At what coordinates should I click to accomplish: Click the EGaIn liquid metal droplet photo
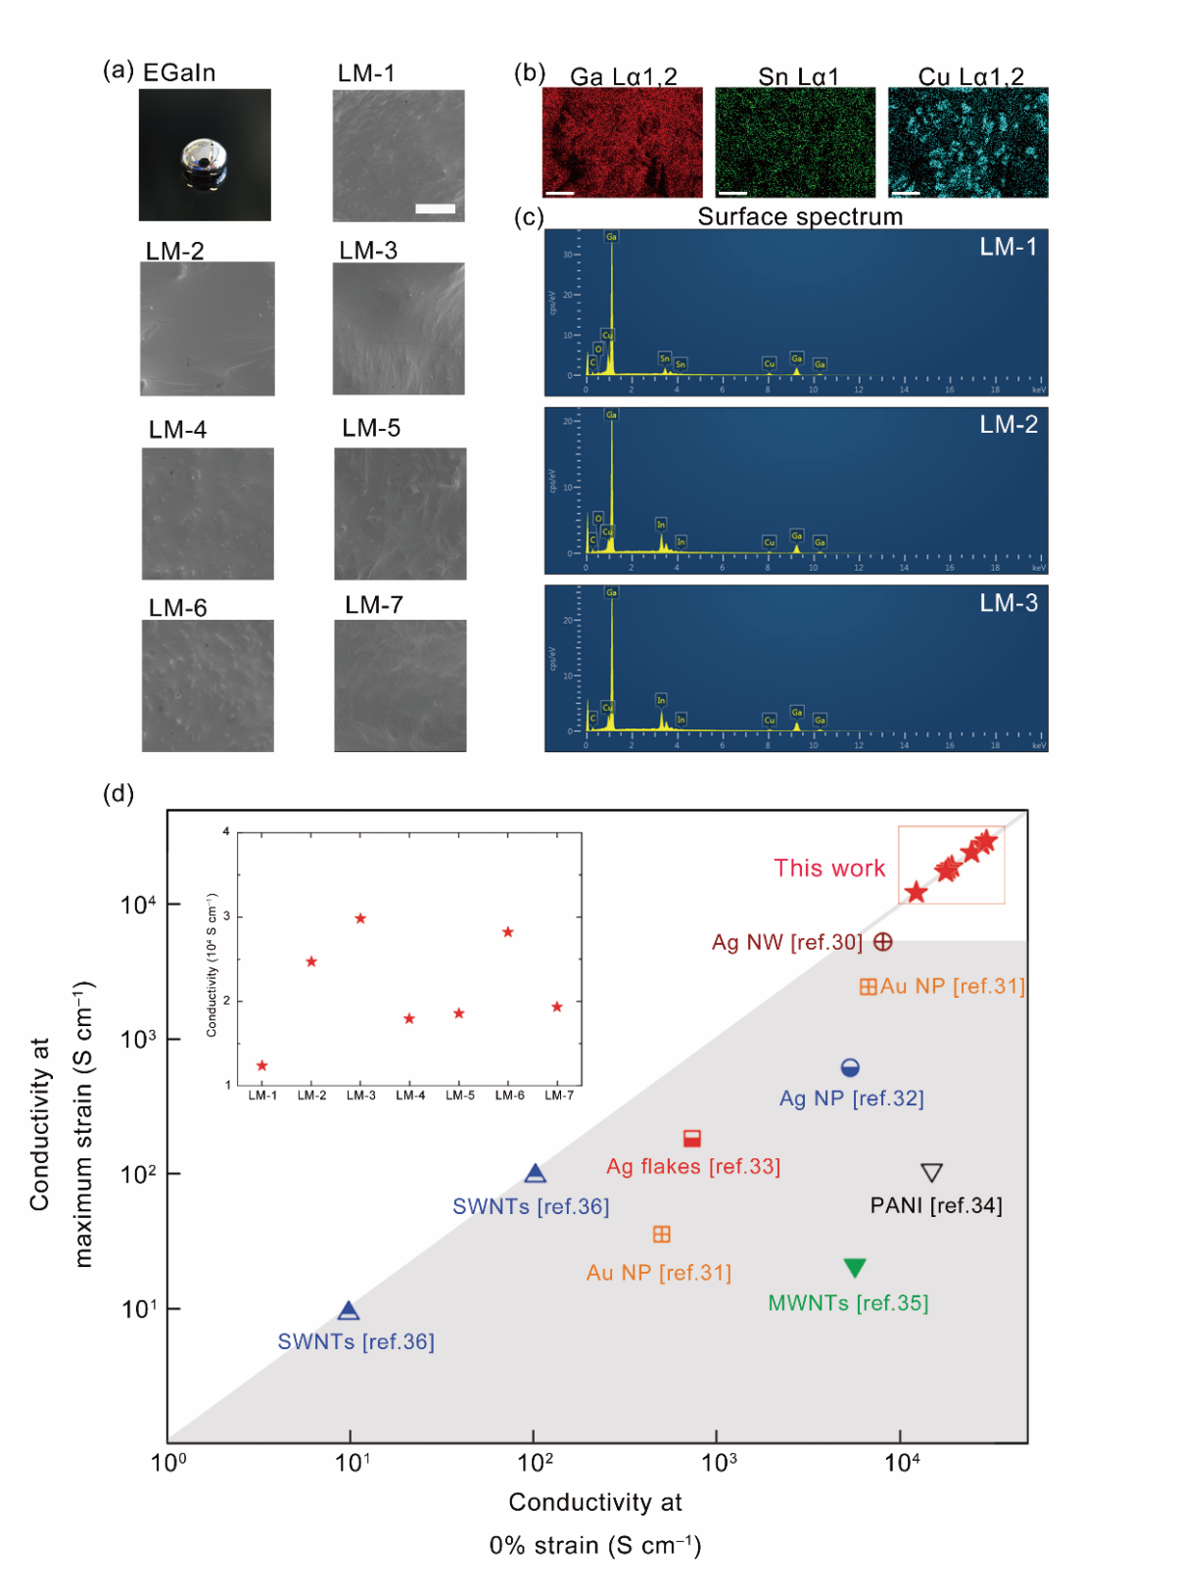tap(205, 155)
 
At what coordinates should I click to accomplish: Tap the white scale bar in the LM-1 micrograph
tap(435, 209)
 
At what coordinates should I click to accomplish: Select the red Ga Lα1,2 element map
tap(622, 143)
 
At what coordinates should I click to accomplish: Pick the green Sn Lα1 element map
tap(795, 143)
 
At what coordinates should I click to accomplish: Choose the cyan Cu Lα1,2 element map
tap(967, 143)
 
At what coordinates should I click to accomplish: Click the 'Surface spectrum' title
tap(800, 217)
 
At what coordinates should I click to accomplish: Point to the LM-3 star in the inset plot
tap(360, 918)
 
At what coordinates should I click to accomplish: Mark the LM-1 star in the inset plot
tap(261, 1065)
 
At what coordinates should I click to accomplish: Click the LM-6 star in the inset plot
tap(508, 932)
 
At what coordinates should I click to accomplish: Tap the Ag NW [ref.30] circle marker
tap(882, 942)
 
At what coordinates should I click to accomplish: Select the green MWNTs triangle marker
tap(855, 1268)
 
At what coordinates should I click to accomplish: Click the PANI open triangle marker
tap(931, 1172)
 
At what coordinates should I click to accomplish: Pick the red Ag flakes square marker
tap(692, 1138)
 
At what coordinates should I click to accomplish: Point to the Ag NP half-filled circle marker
tap(850, 1067)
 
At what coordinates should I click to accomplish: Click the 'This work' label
tap(829, 868)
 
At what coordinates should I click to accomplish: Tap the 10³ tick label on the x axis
tap(719, 1463)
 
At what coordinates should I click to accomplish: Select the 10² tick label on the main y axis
tap(138, 1174)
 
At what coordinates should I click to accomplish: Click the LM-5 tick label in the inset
tap(460, 1096)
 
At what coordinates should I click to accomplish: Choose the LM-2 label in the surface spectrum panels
tap(1009, 425)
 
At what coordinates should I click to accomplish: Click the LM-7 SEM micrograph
tap(400, 685)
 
